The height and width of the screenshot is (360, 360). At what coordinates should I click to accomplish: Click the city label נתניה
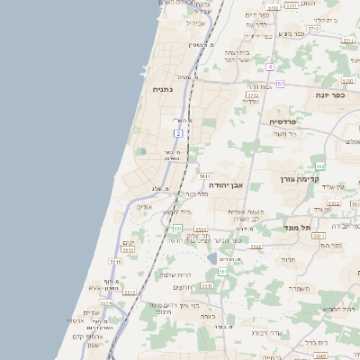[163, 89]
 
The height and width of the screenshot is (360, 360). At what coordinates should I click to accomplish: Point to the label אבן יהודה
[239, 184]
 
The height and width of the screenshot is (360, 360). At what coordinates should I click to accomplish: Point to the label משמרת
[300, 287]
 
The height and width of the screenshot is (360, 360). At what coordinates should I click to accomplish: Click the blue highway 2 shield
[178, 133]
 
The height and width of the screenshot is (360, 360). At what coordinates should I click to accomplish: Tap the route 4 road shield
[269, 67]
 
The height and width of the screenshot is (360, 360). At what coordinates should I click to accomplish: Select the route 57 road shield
[281, 84]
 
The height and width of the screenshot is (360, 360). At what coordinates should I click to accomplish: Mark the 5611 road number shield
[205, 176]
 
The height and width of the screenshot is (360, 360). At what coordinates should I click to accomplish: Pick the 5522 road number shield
[256, 246]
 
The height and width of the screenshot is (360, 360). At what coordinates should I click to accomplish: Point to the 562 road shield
[319, 166]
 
